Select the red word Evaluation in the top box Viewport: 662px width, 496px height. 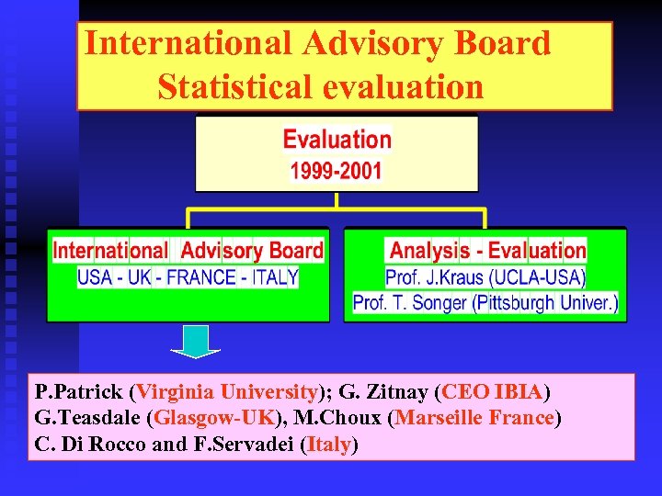pos(337,140)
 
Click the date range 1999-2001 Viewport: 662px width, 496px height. pos(337,171)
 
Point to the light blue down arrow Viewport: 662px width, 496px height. pos(195,341)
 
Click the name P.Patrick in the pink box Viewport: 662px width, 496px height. pos(81,393)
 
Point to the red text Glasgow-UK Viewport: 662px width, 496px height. pos(215,419)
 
